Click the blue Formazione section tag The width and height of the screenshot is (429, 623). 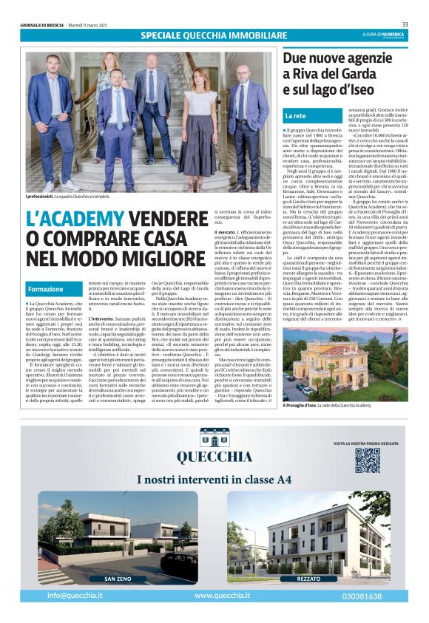pos(46,288)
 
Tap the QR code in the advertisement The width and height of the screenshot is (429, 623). pos(367,459)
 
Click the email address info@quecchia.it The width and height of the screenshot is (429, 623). pos(75,595)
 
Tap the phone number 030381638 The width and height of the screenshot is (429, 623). pos(362,595)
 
